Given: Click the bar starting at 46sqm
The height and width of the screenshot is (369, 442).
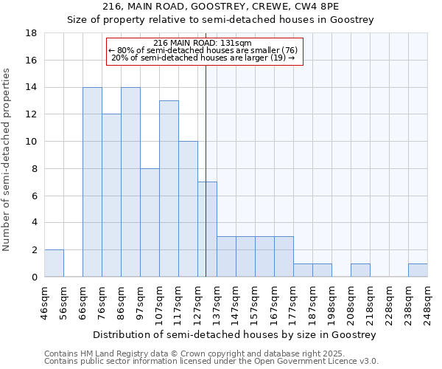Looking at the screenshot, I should (x=54, y=263).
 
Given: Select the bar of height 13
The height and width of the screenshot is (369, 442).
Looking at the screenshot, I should (x=169, y=189).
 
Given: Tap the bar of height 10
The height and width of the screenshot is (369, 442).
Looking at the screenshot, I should (x=188, y=209).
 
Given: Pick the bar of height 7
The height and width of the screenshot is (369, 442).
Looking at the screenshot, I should (x=207, y=230).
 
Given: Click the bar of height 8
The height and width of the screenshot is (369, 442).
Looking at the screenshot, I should (x=150, y=223).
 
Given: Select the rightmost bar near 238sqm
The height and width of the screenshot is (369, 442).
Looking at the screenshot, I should (x=418, y=270).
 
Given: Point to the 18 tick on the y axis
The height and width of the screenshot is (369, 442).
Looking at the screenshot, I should (x=32, y=33).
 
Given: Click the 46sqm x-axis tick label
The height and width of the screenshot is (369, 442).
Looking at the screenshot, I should (x=44, y=301).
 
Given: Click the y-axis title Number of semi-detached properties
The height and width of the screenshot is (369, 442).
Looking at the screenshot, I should (x=7, y=159).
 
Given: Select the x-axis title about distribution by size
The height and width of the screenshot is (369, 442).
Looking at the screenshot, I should (x=235, y=334).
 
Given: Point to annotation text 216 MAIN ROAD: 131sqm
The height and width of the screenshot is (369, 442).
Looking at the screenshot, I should (x=204, y=43).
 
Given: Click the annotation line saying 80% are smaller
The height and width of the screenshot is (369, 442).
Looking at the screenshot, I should (x=203, y=50).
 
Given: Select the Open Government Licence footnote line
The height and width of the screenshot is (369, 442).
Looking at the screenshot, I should (x=211, y=362).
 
